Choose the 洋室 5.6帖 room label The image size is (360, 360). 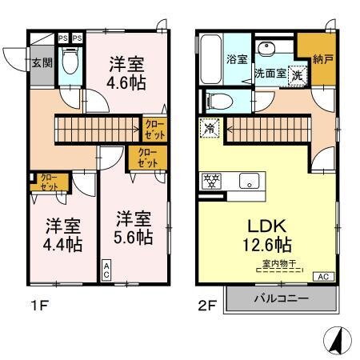(131, 227)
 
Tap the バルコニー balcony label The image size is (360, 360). (281, 300)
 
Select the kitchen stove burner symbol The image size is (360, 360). (214, 179)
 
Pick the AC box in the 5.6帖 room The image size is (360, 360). (106, 270)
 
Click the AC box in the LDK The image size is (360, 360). (324, 276)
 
